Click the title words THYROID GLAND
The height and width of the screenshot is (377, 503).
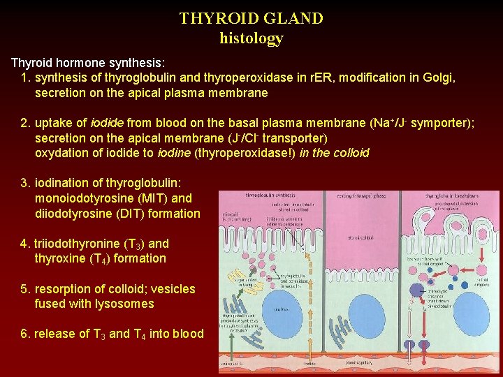pos(251,19)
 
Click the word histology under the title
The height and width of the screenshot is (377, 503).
pos(251,38)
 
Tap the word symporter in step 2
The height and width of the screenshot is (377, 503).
pos(440,124)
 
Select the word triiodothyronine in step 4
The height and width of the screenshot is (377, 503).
pos(77,244)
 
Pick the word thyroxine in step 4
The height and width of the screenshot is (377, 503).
pos(59,258)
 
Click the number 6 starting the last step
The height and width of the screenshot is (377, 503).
pos(24,334)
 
